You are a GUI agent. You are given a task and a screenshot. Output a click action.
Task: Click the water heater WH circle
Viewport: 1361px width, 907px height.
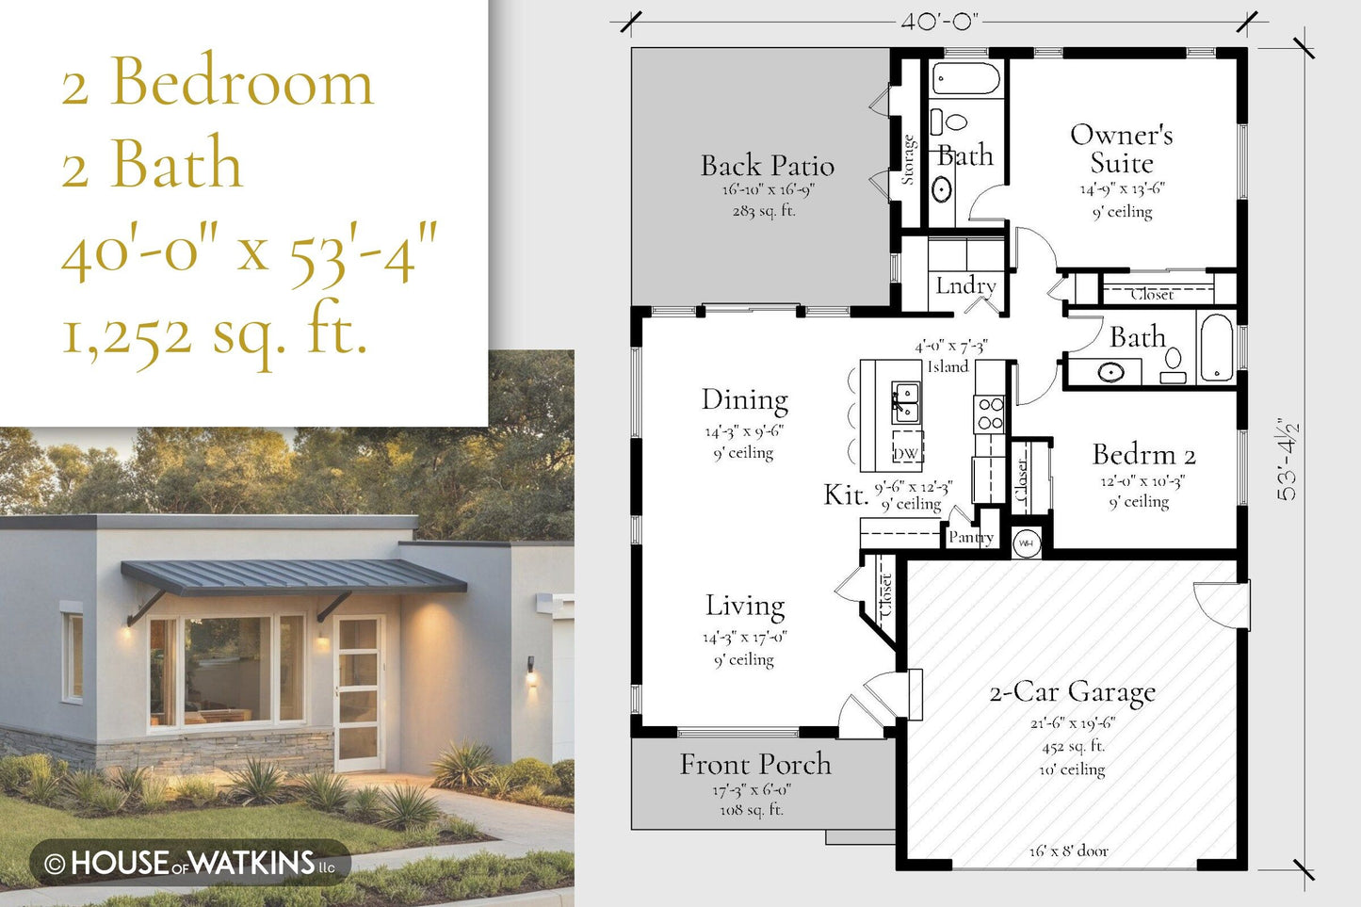point(1027,543)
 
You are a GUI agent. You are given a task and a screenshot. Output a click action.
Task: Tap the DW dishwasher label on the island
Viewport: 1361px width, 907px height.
point(906,454)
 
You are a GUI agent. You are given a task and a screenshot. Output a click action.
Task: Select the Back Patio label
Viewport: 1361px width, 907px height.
point(768,165)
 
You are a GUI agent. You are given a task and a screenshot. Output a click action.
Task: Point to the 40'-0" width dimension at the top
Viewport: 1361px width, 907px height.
point(939,22)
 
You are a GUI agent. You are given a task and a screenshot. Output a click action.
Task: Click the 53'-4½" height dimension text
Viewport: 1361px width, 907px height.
point(1287,460)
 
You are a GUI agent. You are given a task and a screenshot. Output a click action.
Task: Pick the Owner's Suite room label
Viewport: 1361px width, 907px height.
point(1122,149)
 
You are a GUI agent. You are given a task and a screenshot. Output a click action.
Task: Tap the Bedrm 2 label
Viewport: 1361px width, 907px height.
point(1143,454)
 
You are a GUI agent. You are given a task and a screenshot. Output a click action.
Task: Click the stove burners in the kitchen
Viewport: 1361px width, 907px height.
point(990,413)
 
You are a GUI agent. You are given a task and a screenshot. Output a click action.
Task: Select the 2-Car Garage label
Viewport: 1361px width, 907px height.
point(1073,692)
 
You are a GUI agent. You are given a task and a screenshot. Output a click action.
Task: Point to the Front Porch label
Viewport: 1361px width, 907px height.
point(755,764)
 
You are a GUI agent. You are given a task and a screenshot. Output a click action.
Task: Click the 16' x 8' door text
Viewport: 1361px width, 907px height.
point(1069,851)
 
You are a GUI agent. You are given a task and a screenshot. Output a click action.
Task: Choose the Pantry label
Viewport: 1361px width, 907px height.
point(971,537)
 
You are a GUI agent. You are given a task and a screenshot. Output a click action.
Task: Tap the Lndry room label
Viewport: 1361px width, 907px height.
point(965,285)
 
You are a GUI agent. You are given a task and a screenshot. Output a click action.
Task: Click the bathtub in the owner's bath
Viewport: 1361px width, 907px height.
point(966,78)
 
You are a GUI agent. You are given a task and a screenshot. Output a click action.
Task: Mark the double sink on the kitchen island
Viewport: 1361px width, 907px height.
point(905,403)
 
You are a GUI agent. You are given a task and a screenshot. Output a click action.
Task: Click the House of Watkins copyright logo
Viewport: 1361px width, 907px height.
point(190,863)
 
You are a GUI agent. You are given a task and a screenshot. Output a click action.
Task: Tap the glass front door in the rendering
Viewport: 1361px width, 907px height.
point(359,692)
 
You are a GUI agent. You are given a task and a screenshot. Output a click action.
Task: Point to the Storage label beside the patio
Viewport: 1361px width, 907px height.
point(908,159)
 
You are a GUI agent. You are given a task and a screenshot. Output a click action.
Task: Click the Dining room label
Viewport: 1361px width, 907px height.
point(745,400)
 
